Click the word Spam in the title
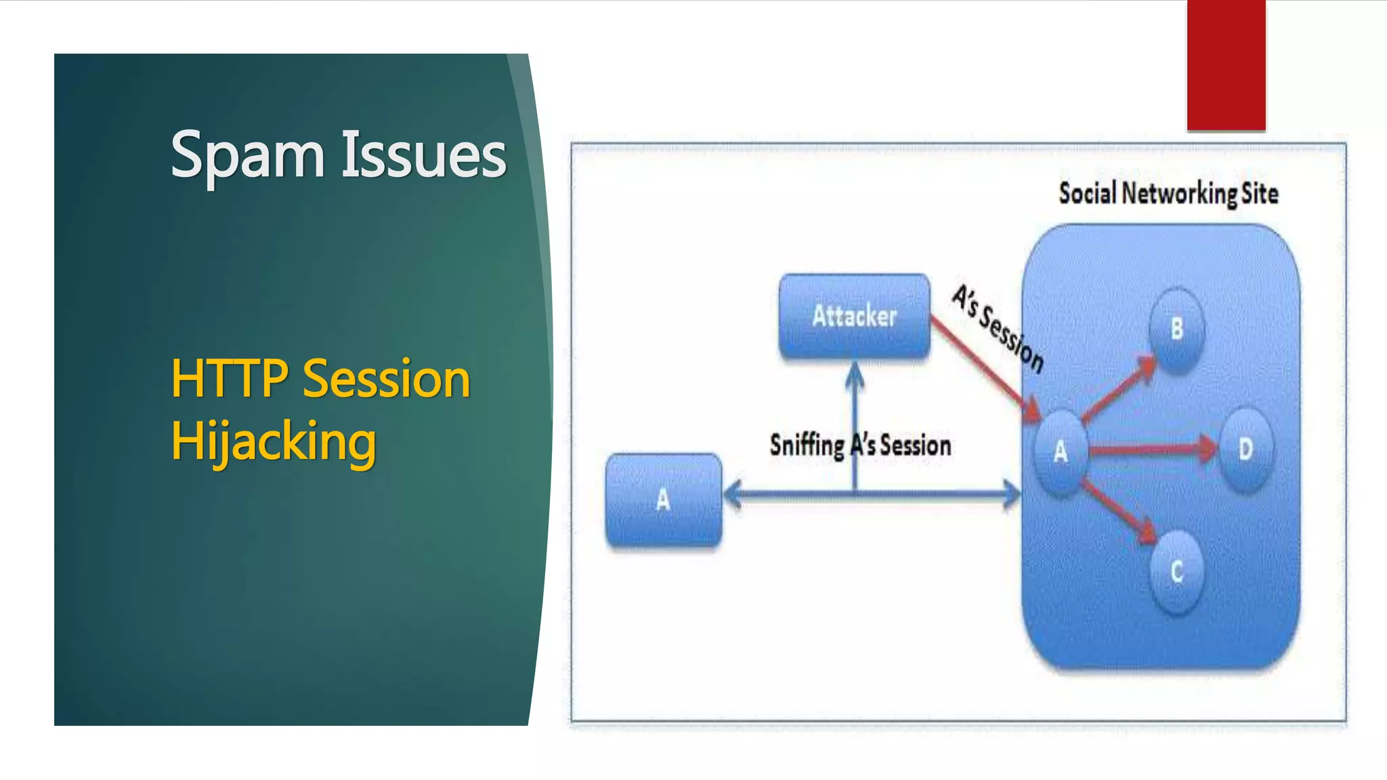[247, 156]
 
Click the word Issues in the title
[423, 156]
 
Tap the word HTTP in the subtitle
[230, 378]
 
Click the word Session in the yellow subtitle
[386, 378]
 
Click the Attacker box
[854, 316]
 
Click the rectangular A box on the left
[663, 500]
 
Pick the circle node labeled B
[1176, 329]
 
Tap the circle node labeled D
[1245, 449]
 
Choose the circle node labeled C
[1176, 572]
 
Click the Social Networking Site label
[1168, 194]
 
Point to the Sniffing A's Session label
[860, 446]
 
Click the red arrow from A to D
[1151, 449]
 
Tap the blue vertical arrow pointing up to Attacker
[855, 427]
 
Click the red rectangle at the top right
[1226, 64]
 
